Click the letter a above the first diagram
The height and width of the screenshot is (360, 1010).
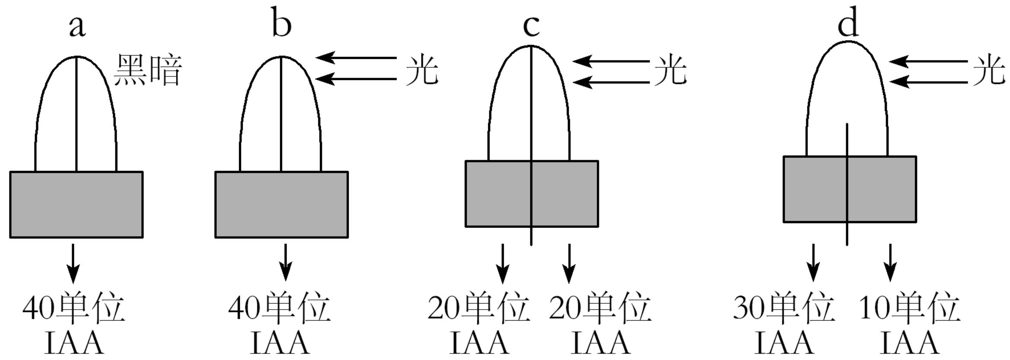(77, 26)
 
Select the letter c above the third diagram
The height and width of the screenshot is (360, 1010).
(531, 26)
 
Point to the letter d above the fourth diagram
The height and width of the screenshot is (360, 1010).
(848, 24)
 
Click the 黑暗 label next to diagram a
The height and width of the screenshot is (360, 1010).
(148, 70)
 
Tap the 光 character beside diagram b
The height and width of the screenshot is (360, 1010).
(422, 70)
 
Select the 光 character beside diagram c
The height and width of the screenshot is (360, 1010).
(670, 70)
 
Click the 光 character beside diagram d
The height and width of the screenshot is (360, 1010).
(989, 70)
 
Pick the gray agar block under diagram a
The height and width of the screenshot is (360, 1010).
(76, 205)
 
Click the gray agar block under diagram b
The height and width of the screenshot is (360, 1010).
(282, 205)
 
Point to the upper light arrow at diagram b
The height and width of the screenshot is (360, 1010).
(356, 57)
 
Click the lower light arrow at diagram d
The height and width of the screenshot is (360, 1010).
(928, 82)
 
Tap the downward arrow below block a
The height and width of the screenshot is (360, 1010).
(73, 263)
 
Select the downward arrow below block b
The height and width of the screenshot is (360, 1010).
(285, 262)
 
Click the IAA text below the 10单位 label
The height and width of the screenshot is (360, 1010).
(909, 343)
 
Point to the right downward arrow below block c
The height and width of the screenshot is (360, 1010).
(569, 263)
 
